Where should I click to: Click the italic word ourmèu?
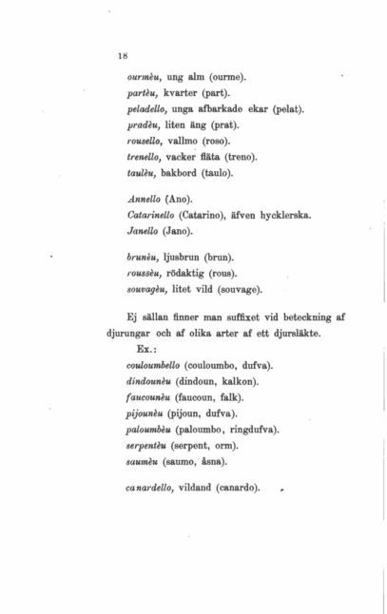(145, 76)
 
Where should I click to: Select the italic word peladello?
(147, 108)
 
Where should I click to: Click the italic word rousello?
(145, 141)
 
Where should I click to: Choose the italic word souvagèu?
(148, 288)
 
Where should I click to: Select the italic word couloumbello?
(156, 364)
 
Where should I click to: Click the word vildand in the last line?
(198, 488)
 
